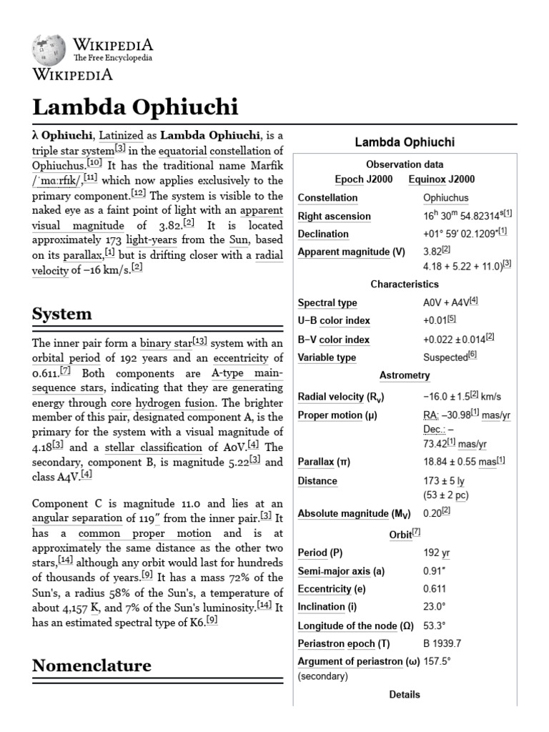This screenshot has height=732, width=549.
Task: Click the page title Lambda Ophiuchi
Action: click(135, 107)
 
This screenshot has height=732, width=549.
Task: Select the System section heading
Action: click(62, 313)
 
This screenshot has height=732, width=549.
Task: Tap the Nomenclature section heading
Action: click(91, 666)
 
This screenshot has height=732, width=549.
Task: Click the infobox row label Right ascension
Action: click(334, 216)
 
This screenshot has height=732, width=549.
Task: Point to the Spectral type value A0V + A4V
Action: click(451, 302)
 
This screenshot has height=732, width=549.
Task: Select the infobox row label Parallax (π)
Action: click(327, 462)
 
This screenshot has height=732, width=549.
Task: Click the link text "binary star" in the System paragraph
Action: click(165, 343)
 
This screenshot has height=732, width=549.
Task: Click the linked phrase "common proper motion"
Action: click(145, 533)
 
